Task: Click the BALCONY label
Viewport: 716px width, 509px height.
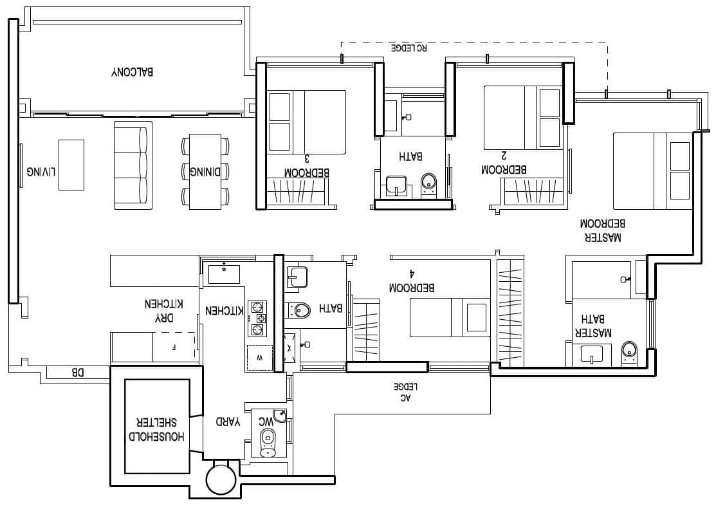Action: pyautogui.click(x=133, y=72)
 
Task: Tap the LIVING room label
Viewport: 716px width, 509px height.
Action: pyautogui.click(x=41, y=172)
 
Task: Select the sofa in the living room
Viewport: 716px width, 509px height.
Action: pyautogui.click(x=133, y=165)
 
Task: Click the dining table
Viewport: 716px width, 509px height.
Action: pyautogui.click(x=205, y=171)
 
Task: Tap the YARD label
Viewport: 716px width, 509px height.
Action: pyautogui.click(x=228, y=422)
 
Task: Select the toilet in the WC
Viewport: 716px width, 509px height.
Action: pyautogui.click(x=268, y=441)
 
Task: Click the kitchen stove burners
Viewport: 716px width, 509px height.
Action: pyautogui.click(x=257, y=318)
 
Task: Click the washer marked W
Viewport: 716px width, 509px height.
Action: pyautogui.click(x=259, y=358)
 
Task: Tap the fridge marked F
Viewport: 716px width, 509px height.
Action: pyautogui.click(x=173, y=347)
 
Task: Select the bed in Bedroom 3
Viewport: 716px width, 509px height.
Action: pyautogui.click(x=307, y=122)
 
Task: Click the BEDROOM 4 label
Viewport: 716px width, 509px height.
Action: pyautogui.click(x=412, y=283)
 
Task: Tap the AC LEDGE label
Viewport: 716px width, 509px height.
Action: pyautogui.click(x=406, y=392)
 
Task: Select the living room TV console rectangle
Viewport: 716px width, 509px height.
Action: pyautogui.click(x=71, y=165)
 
